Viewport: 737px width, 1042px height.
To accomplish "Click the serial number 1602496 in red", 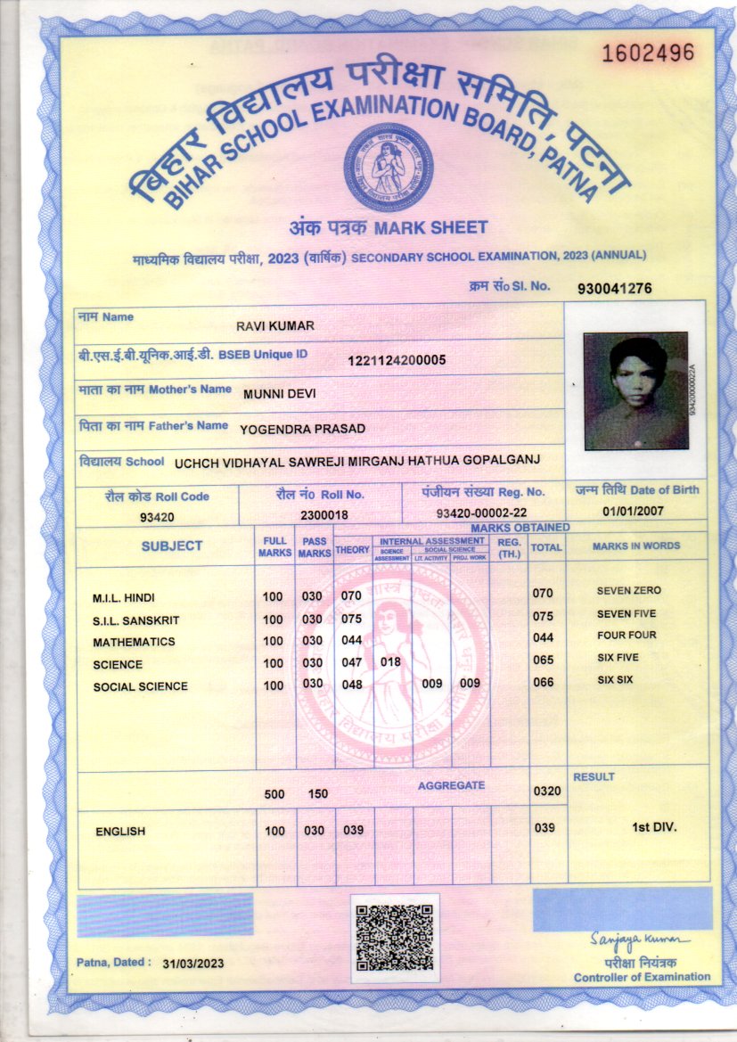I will (x=648, y=53).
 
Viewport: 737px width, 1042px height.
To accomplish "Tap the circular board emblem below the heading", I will (x=388, y=167).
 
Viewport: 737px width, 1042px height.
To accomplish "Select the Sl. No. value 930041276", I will (x=615, y=288).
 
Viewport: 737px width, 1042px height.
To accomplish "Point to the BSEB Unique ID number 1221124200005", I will (x=397, y=360).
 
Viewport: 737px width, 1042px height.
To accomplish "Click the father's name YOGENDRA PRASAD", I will (x=302, y=429).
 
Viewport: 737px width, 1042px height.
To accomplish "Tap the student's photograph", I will (x=635, y=390).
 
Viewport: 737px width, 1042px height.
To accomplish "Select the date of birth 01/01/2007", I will (x=634, y=511).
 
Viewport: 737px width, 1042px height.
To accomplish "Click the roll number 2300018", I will (x=323, y=514).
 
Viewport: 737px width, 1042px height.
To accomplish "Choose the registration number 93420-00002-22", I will (x=481, y=513).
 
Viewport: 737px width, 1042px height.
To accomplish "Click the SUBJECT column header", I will (x=172, y=546).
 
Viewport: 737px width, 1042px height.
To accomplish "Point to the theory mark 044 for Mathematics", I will (x=351, y=640).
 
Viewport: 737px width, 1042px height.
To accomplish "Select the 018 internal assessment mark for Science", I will (x=390, y=662).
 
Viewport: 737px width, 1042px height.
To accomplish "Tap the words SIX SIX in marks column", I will (x=615, y=679).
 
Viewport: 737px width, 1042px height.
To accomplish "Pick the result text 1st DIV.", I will (x=654, y=827).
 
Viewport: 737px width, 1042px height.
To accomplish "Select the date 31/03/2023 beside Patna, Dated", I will (x=193, y=963).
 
